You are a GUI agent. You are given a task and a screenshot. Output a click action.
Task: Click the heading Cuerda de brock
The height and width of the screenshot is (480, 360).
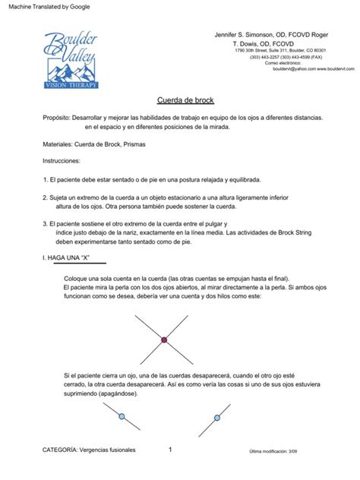[179, 99]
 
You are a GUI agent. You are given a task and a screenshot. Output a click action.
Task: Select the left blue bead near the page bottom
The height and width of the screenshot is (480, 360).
[121, 416]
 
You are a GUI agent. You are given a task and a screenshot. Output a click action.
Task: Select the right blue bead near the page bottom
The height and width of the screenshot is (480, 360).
[218, 417]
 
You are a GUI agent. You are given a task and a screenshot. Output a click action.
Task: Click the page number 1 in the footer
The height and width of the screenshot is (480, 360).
[170, 450]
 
